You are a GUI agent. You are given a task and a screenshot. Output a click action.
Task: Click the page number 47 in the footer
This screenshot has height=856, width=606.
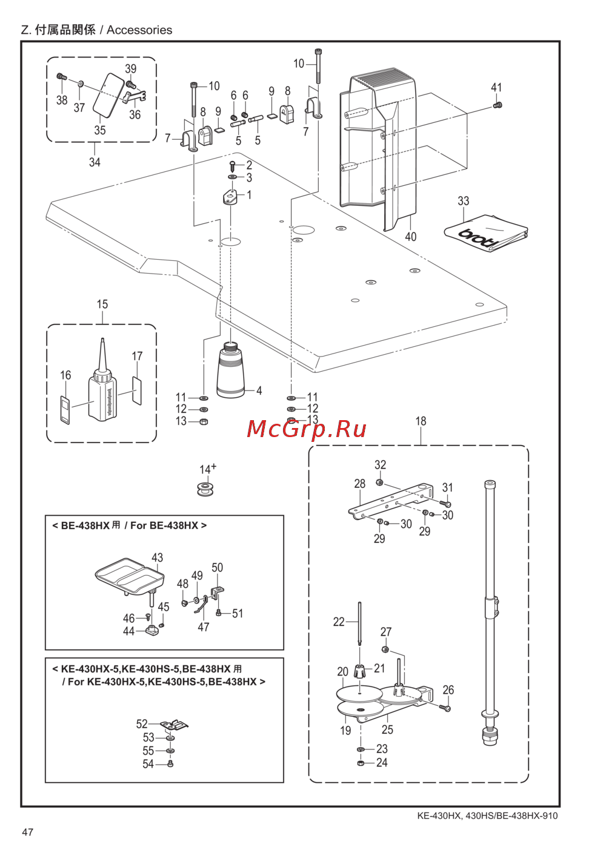click(x=27, y=832)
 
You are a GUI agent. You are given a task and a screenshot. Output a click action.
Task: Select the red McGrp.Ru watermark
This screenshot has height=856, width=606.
click(x=307, y=429)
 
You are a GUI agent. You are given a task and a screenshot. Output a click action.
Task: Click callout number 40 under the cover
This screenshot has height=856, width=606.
click(x=410, y=237)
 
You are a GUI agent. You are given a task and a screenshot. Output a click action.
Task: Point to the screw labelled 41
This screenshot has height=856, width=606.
click(x=498, y=106)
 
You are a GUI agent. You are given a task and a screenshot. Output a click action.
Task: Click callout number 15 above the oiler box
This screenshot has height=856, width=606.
click(x=102, y=304)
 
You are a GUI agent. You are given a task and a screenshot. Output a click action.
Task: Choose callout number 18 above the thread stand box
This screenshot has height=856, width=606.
click(x=421, y=421)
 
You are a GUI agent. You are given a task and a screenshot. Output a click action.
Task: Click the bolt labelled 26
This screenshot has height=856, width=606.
click(x=447, y=707)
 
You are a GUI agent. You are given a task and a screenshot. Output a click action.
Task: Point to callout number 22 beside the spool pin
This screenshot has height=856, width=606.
click(x=339, y=622)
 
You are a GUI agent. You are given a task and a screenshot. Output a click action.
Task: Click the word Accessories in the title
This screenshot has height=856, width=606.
click(x=139, y=30)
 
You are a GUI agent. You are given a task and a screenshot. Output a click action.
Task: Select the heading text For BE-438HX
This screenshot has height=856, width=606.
click(x=164, y=525)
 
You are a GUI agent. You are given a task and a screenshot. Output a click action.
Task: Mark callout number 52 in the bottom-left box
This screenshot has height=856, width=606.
click(x=142, y=724)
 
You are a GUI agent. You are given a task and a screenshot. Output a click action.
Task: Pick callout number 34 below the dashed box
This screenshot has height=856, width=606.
click(x=95, y=162)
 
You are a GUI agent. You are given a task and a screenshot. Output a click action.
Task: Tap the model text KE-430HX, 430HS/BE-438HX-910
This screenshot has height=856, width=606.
click(x=487, y=815)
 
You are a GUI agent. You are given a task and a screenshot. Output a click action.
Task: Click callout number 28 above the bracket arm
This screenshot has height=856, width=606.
click(x=360, y=484)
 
